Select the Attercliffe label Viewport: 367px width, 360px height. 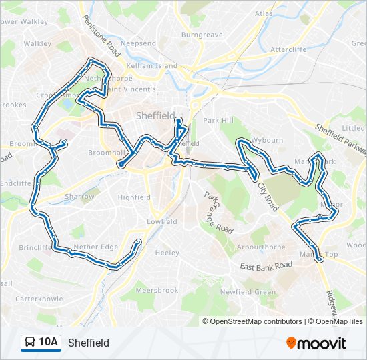288,49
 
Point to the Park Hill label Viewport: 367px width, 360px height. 220,121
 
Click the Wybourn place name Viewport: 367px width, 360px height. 267,141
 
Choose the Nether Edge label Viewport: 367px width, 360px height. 96,247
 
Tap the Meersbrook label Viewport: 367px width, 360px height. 157,291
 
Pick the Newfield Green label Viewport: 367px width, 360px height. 248,292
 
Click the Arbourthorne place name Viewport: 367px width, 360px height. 261,247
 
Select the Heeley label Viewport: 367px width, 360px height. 167,253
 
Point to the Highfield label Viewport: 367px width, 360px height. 134,197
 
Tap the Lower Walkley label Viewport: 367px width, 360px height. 24,21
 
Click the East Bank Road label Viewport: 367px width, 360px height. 266,265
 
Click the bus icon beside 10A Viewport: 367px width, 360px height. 30,343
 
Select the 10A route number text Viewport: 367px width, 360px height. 49,343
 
